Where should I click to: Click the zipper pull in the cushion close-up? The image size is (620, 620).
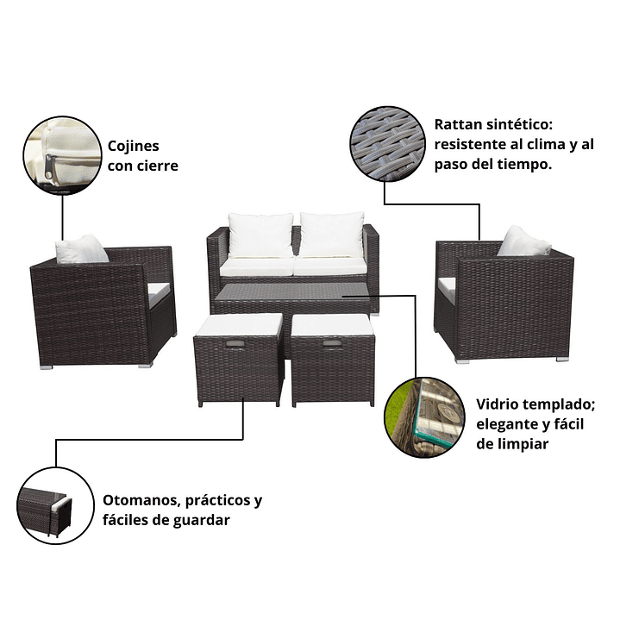pyautogui.click(x=49, y=166)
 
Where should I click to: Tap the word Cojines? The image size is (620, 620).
pyautogui.click(x=134, y=147)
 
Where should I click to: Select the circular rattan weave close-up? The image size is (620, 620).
pyautogui.click(x=387, y=144)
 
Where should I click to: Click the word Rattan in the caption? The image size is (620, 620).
pyautogui.click(x=458, y=124)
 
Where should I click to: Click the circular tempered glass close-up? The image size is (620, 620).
pyautogui.click(x=424, y=417)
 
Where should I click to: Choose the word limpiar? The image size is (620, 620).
pyautogui.click(x=524, y=444)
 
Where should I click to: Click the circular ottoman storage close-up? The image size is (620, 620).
pyautogui.click(x=55, y=505)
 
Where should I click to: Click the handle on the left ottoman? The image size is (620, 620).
pyautogui.click(x=235, y=345)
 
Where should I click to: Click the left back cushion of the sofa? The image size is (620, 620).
pyautogui.click(x=261, y=235)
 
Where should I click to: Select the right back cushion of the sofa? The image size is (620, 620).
pyautogui.click(x=331, y=235)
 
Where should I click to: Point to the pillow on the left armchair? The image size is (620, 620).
pyautogui.click(x=81, y=249)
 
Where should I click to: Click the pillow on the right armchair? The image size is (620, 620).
pyautogui.click(x=524, y=241)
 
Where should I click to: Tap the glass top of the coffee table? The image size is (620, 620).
pyautogui.click(x=292, y=292)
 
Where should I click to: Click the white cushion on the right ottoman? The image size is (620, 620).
pyautogui.click(x=332, y=325)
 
